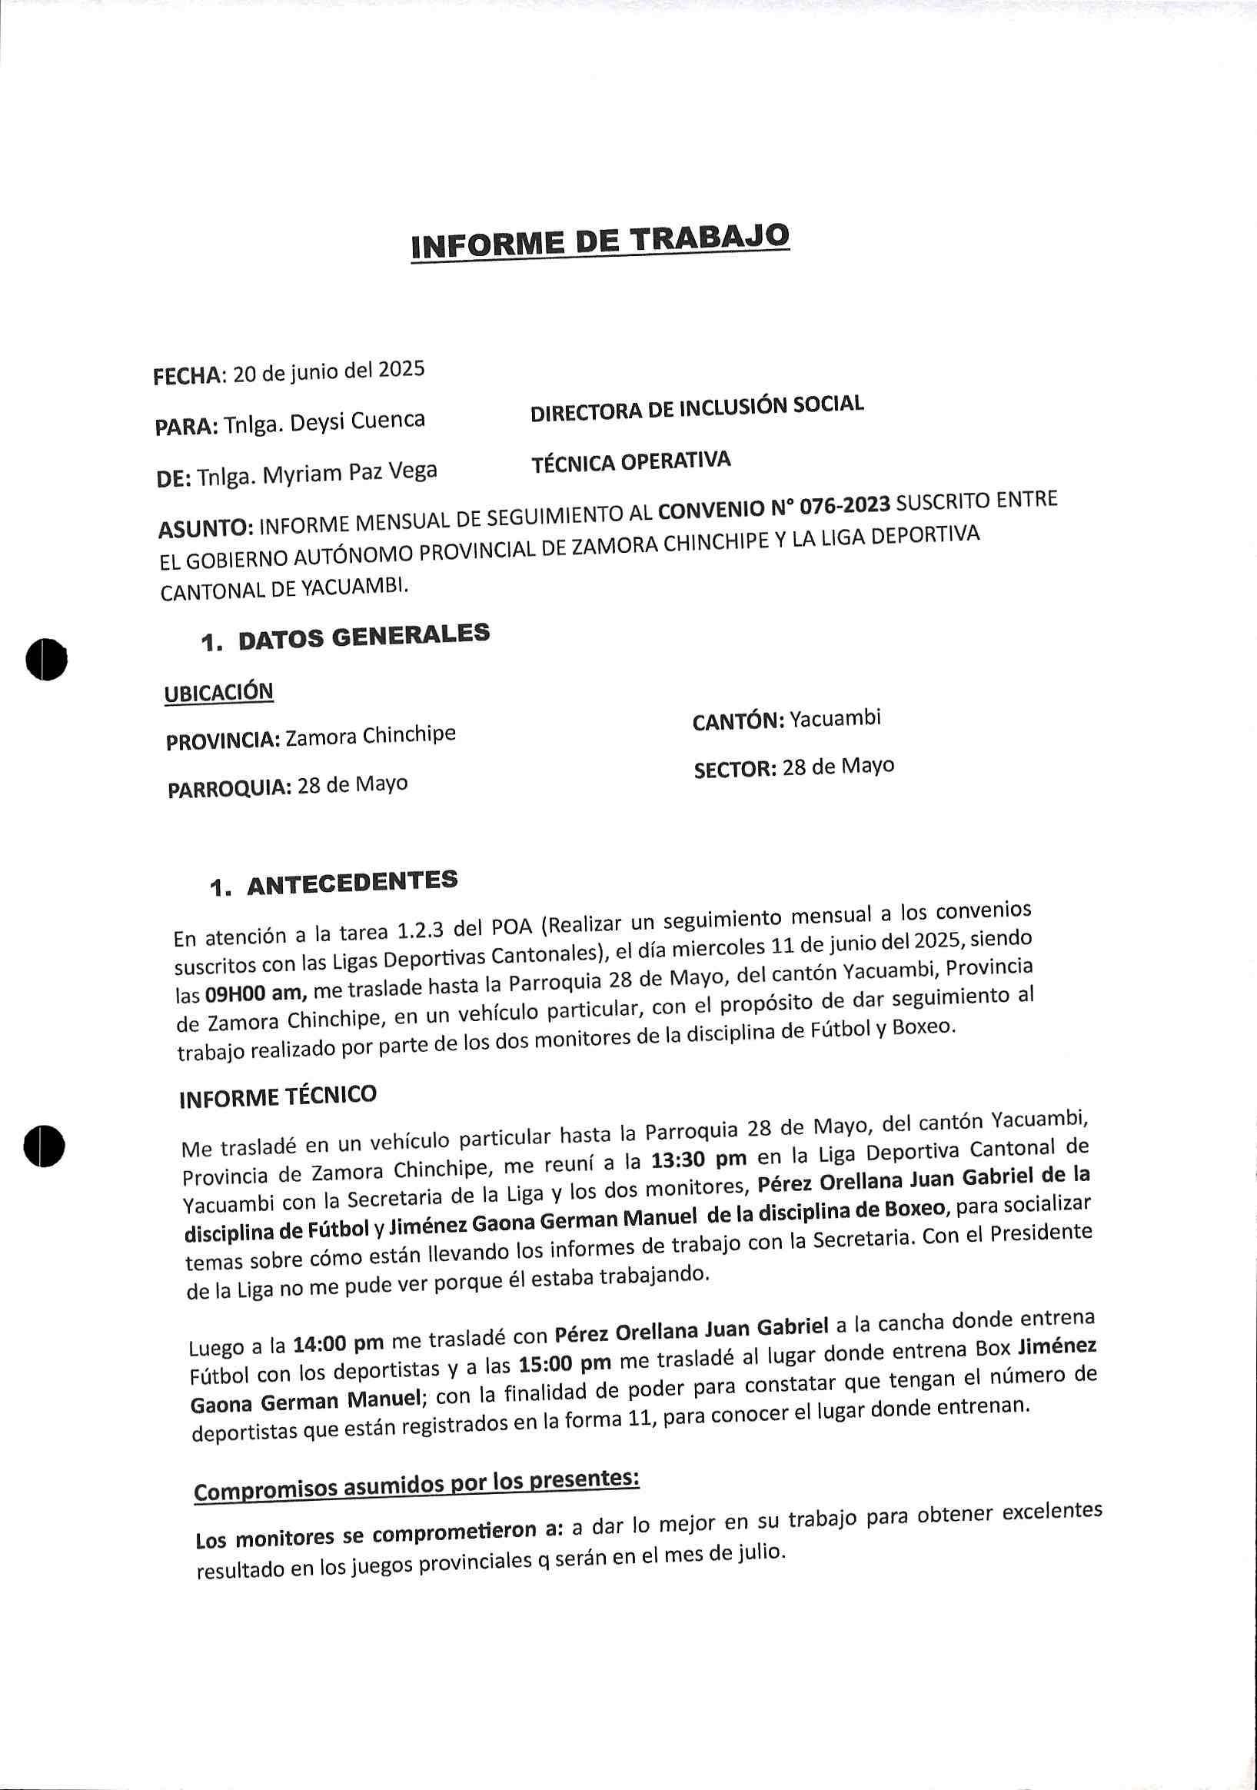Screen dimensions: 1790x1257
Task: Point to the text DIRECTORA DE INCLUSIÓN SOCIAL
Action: click(697, 408)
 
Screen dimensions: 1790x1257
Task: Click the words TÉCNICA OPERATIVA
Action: click(630, 463)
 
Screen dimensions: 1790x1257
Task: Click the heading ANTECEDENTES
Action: click(351, 884)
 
